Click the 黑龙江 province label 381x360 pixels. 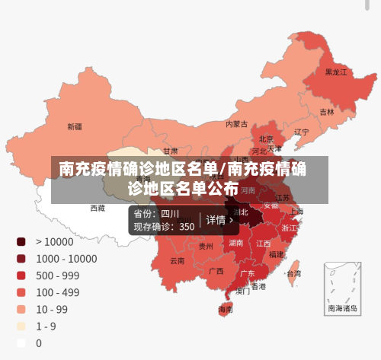click(335, 72)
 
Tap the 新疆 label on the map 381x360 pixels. click(75, 126)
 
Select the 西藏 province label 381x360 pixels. click(98, 208)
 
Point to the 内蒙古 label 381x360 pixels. click(237, 123)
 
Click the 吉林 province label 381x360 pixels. click(327, 112)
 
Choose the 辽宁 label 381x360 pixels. click(301, 132)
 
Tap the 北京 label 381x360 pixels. click(266, 139)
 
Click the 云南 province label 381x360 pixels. click(177, 260)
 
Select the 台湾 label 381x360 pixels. click(293, 272)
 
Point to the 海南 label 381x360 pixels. click(226, 310)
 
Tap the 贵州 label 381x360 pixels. click(206, 246)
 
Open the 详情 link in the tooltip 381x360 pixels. click(219, 220)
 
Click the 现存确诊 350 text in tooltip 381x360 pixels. click(164, 226)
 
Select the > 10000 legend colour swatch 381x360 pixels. click(21, 241)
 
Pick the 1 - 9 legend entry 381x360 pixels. click(46, 326)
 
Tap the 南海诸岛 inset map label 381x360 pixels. click(342, 309)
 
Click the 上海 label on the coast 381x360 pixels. click(296, 211)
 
